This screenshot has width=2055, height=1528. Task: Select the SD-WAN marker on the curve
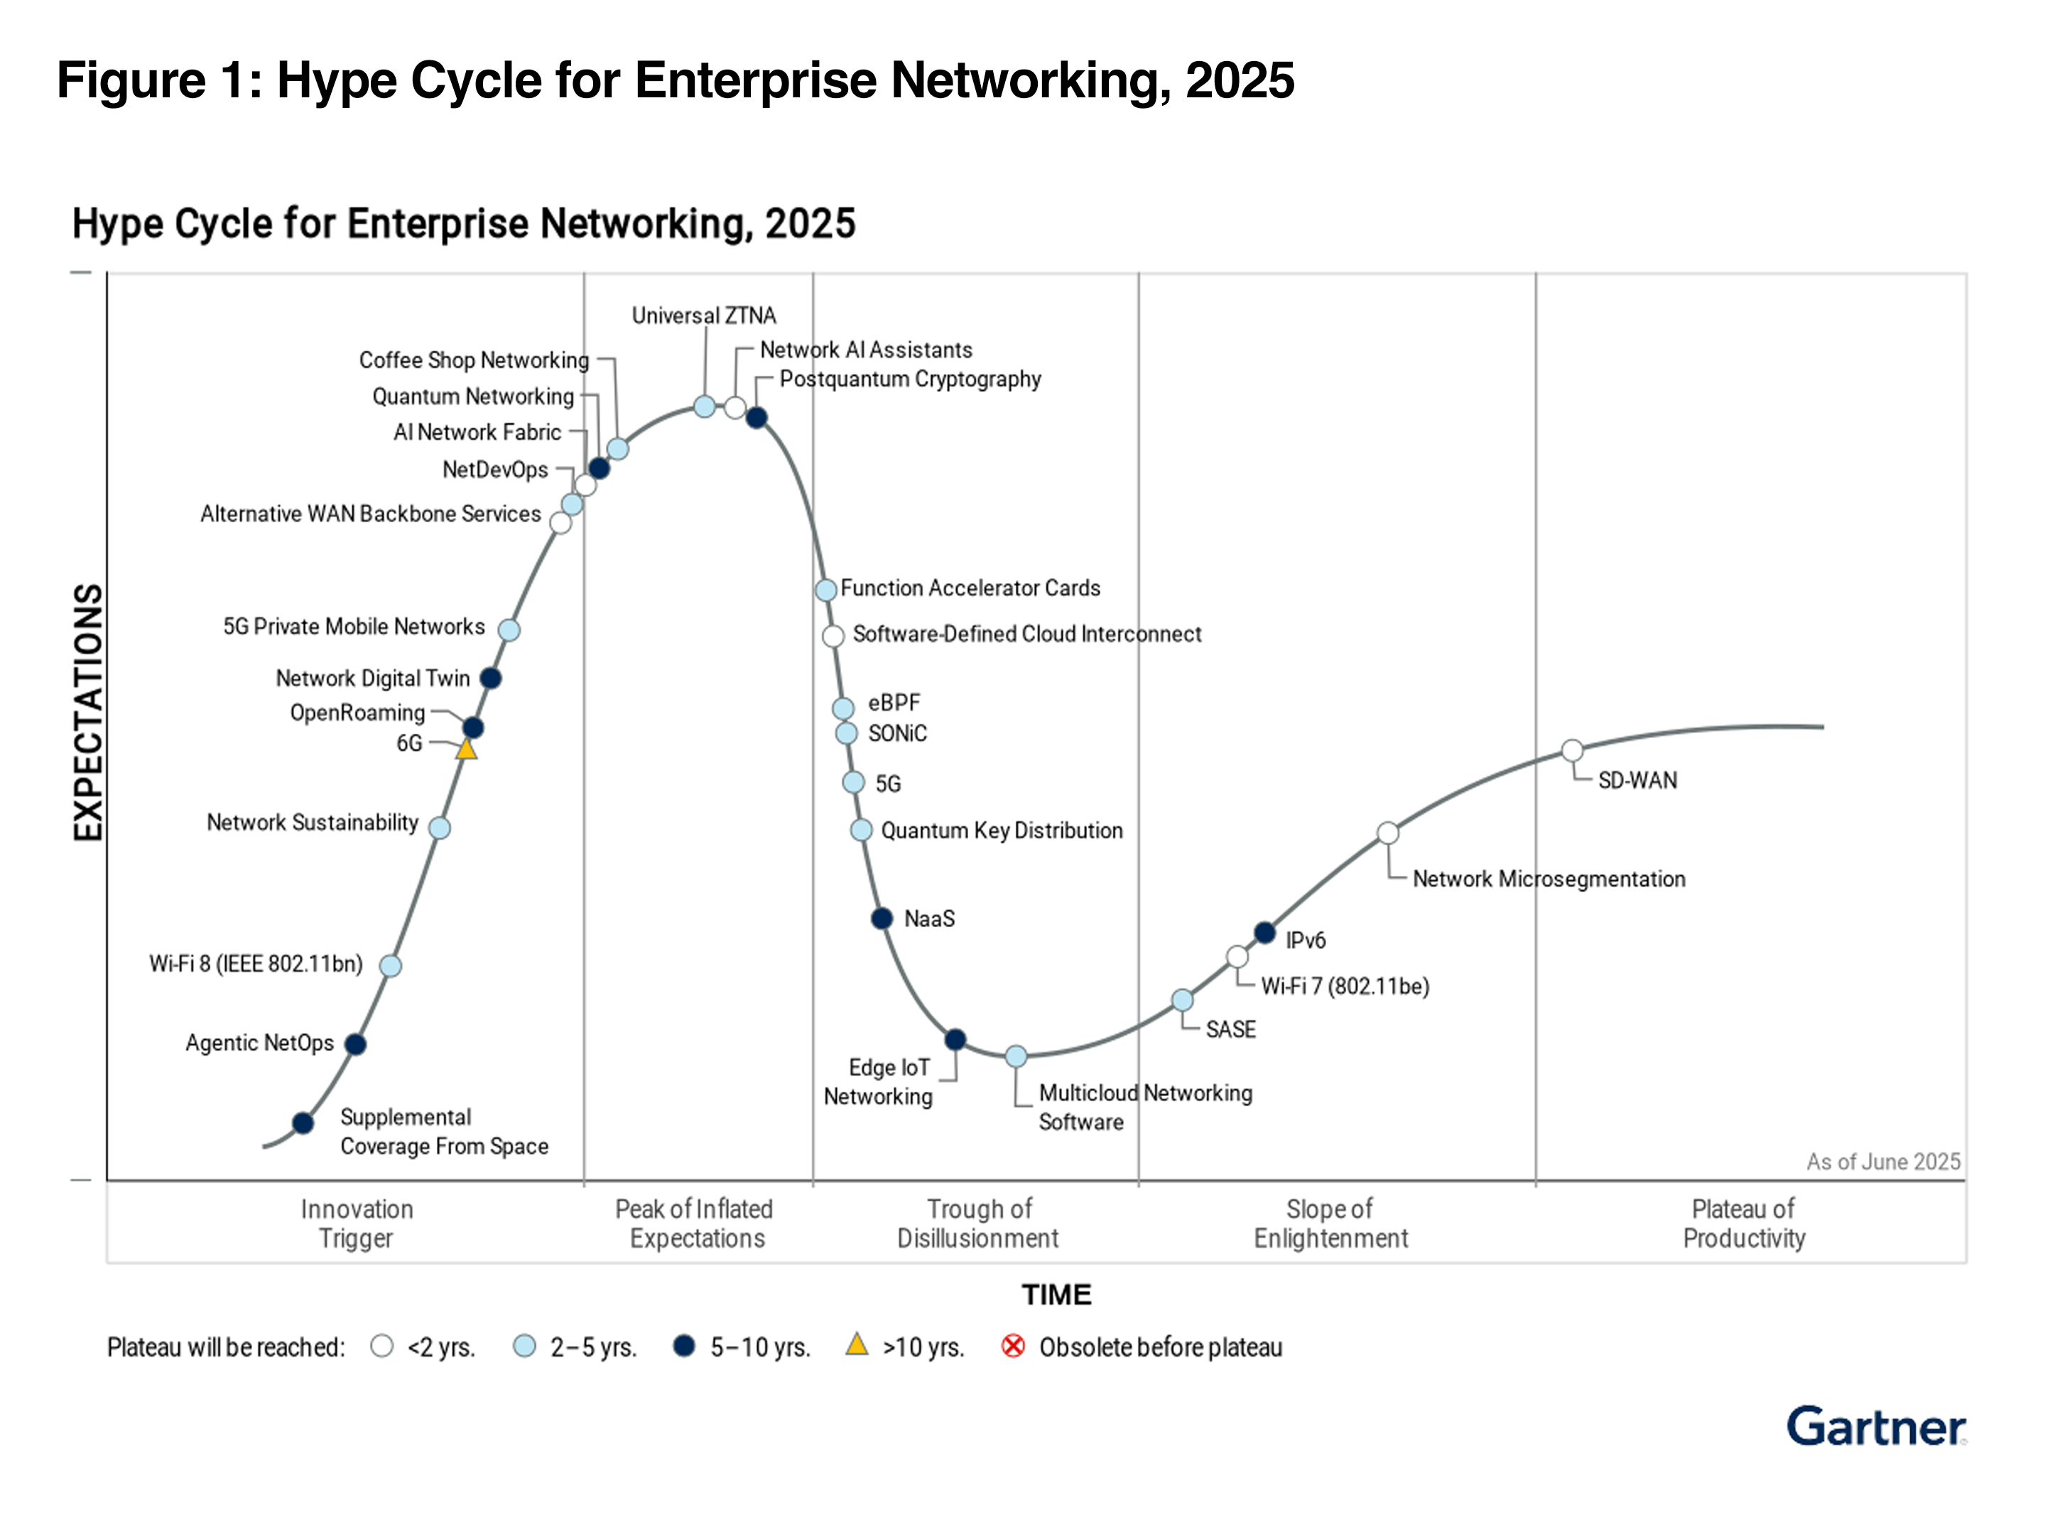click(1571, 750)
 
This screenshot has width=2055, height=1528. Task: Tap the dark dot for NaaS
click(882, 918)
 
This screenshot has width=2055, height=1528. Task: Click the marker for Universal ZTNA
click(704, 406)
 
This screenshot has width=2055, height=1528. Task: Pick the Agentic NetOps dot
click(355, 1044)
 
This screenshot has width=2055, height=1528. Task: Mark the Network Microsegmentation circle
click(1387, 833)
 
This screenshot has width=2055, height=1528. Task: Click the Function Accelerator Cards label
click(970, 587)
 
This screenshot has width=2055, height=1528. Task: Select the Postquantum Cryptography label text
click(910, 379)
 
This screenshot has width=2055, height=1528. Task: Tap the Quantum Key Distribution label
click(1002, 830)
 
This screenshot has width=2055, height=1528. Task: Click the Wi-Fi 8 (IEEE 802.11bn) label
click(256, 964)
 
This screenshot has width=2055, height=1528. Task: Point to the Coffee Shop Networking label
click(474, 360)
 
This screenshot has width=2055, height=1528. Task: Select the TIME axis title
click(1056, 1294)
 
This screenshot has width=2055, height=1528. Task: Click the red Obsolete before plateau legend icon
click(1013, 1345)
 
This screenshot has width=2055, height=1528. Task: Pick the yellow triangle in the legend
click(857, 1344)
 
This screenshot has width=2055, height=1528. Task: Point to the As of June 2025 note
click(1883, 1161)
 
